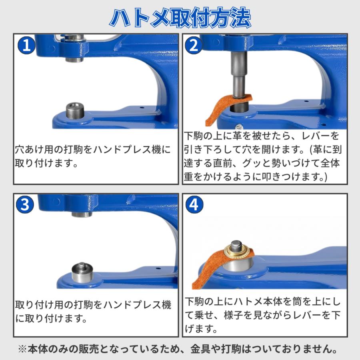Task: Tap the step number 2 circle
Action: [x=194, y=46]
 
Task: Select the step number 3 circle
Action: [x=25, y=204]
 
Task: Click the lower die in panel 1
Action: [x=75, y=109]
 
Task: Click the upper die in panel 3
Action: [x=82, y=214]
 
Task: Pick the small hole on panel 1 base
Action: [x=142, y=107]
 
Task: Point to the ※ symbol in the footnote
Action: [x=22, y=349]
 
